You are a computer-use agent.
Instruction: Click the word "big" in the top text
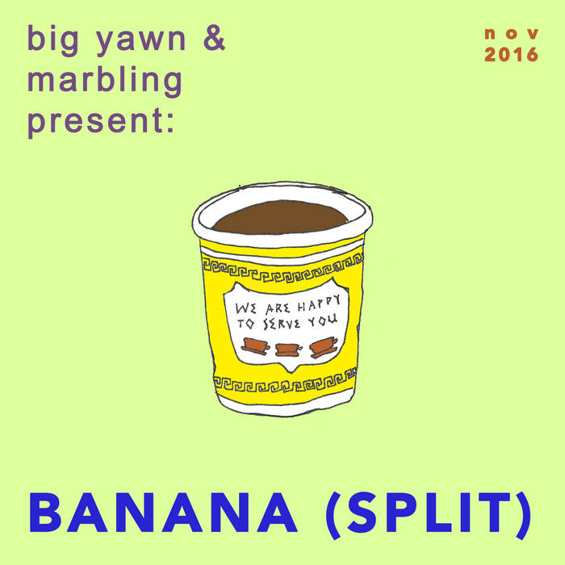click(52, 40)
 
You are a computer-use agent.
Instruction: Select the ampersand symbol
click(214, 37)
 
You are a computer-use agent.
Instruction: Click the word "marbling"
click(105, 81)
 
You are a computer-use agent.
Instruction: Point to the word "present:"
click(101, 122)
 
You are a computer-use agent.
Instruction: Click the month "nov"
click(511, 34)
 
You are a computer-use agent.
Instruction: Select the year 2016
click(511, 54)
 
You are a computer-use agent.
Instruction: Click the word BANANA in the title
click(163, 512)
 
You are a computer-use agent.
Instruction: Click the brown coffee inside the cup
click(281, 217)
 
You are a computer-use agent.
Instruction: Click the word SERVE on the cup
click(282, 323)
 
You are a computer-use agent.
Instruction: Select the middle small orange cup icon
click(288, 349)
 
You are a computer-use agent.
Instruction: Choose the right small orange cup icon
click(323, 347)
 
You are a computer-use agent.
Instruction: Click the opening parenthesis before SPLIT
click(334, 515)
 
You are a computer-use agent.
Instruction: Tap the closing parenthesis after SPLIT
click(523, 515)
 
